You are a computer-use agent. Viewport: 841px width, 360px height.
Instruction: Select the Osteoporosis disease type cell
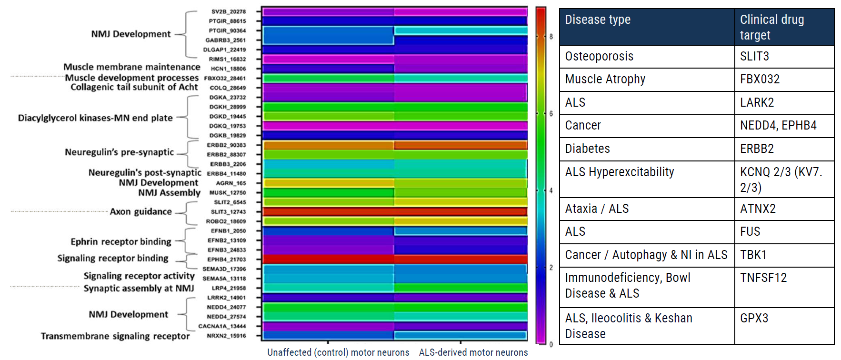point(599,56)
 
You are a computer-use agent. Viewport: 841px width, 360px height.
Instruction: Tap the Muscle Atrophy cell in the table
point(605,79)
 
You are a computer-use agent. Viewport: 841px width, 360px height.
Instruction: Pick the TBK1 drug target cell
point(753,255)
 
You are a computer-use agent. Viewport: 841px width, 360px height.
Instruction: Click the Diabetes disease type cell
point(587,149)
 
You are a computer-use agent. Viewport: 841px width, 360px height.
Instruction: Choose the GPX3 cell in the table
point(754,318)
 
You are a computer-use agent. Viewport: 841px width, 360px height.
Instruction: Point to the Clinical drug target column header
point(771,27)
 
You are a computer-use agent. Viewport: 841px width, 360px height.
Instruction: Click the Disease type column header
point(598,20)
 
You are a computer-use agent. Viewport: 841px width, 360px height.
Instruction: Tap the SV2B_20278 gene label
point(229,11)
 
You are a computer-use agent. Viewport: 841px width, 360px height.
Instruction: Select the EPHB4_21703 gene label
point(227,260)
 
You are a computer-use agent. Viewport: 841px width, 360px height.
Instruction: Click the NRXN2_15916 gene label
point(226,336)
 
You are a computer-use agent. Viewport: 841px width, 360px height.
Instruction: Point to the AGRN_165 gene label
point(231,183)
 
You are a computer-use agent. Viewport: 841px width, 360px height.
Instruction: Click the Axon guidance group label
point(140,211)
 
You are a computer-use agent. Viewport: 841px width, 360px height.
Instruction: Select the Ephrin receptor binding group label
point(121,241)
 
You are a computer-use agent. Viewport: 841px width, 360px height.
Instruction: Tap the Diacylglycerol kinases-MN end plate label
point(95,118)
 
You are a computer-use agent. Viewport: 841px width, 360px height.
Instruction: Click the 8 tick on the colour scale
point(551,37)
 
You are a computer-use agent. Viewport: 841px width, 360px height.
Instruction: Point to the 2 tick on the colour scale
point(551,268)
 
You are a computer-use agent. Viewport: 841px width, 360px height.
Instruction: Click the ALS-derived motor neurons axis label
point(473,352)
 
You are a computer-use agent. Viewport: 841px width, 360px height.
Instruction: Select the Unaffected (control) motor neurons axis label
point(338,352)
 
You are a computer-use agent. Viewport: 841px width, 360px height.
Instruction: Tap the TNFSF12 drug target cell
point(763,278)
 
